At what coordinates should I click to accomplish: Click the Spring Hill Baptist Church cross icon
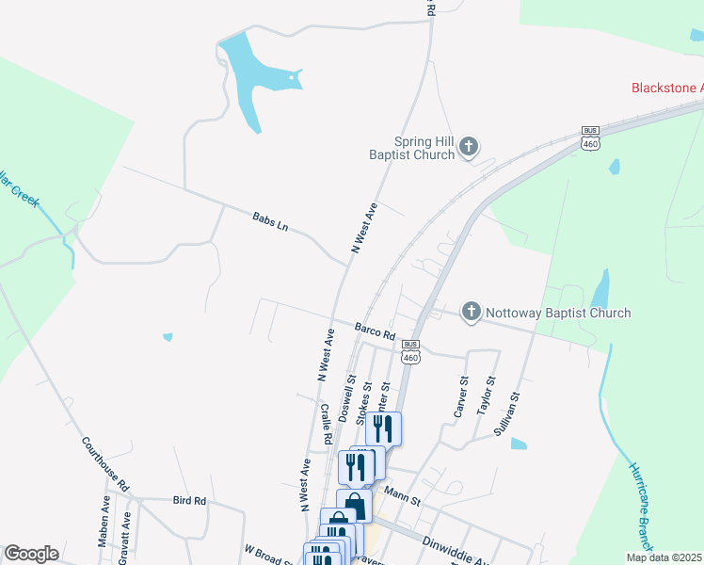click(x=470, y=147)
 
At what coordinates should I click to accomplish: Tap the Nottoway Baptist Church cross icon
click(x=472, y=312)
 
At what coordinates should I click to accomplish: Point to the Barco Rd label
click(x=375, y=332)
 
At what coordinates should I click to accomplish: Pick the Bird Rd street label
click(x=189, y=501)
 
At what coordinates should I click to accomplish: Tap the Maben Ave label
click(x=104, y=529)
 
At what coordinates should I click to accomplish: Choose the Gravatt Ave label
click(x=123, y=532)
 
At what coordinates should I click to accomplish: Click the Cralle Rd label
click(x=325, y=424)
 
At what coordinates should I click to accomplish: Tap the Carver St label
click(x=461, y=396)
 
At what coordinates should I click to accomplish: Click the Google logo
click(x=31, y=554)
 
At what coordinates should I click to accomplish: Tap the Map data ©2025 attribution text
click(x=663, y=557)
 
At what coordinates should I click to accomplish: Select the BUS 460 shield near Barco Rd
click(x=410, y=351)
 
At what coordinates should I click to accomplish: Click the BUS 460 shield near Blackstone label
click(x=590, y=137)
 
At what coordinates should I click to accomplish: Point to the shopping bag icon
click(x=354, y=506)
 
